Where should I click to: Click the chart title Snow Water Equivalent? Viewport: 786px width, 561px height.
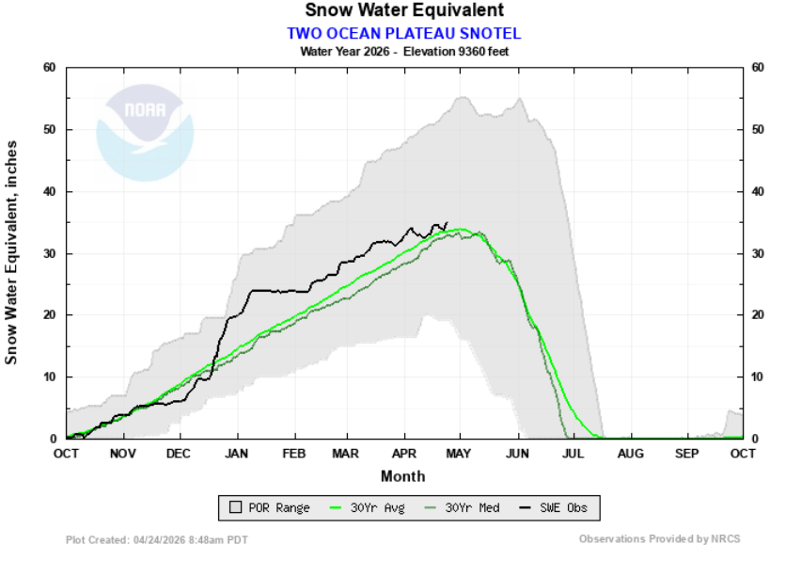pos(403,10)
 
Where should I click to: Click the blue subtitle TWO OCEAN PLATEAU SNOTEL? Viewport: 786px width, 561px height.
pos(403,33)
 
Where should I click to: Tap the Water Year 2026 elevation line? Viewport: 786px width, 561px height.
pos(403,51)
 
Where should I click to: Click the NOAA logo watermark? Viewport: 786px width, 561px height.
pos(145,132)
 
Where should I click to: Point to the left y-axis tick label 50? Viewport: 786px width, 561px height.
pos(50,129)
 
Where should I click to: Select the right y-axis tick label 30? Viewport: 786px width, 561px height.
pos(759,253)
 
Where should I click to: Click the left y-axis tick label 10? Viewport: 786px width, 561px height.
pos(50,377)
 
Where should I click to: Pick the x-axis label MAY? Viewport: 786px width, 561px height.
pos(460,453)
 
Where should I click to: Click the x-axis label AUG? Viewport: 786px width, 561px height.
pos(630,453)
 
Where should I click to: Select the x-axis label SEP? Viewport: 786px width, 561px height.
pos(687,453)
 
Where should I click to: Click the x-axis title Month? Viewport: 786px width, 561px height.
pos(403,475)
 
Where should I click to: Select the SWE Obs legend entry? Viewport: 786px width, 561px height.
pos(554,508)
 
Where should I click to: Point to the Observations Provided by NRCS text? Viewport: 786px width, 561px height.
pos(659,539)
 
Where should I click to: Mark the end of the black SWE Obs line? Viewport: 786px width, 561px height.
pos(447,223)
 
